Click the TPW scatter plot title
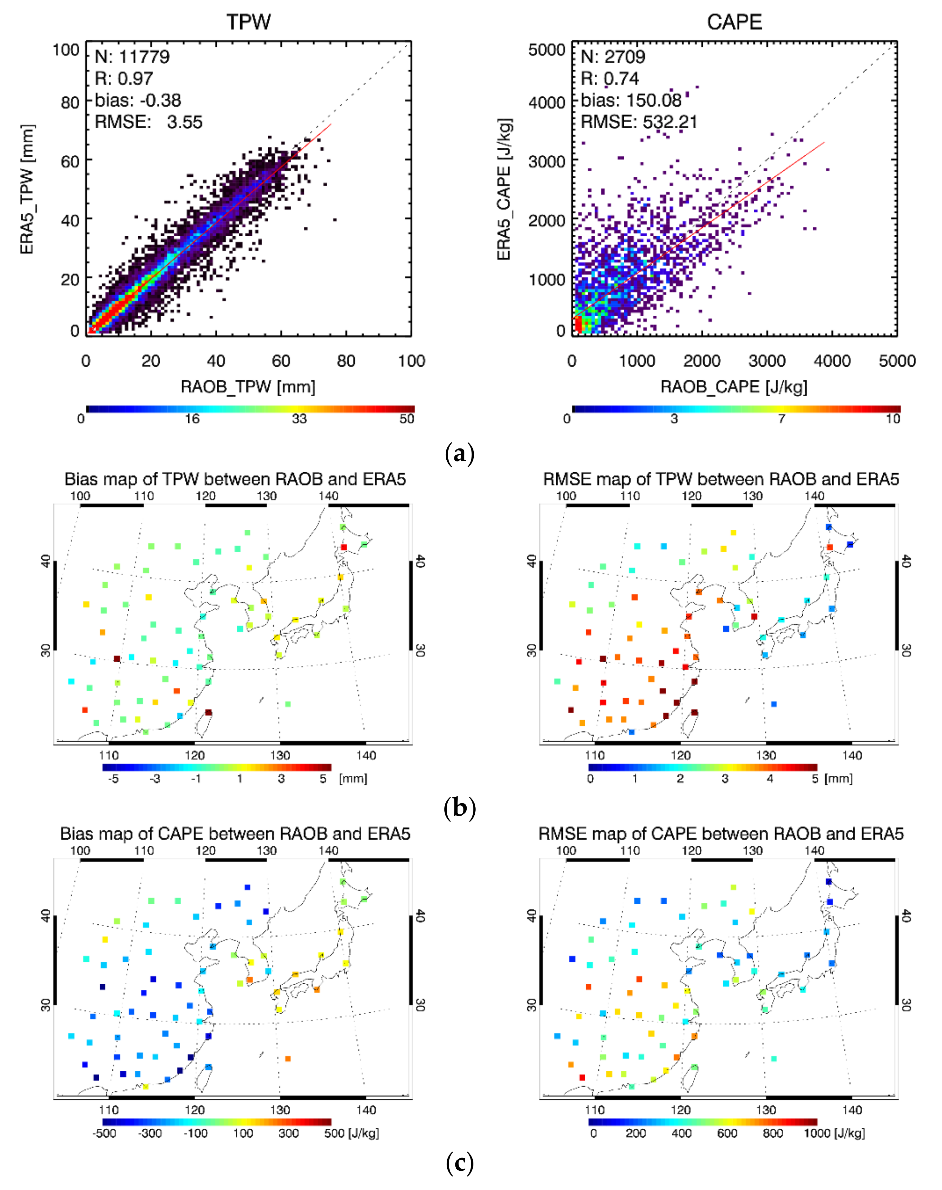point(248,22)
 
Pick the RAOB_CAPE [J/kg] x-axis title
point(734,387)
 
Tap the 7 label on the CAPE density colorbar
point(781,418)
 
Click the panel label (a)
point(459,454)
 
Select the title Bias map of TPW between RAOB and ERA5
point(235,479)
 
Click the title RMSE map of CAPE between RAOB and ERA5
point(721,834)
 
